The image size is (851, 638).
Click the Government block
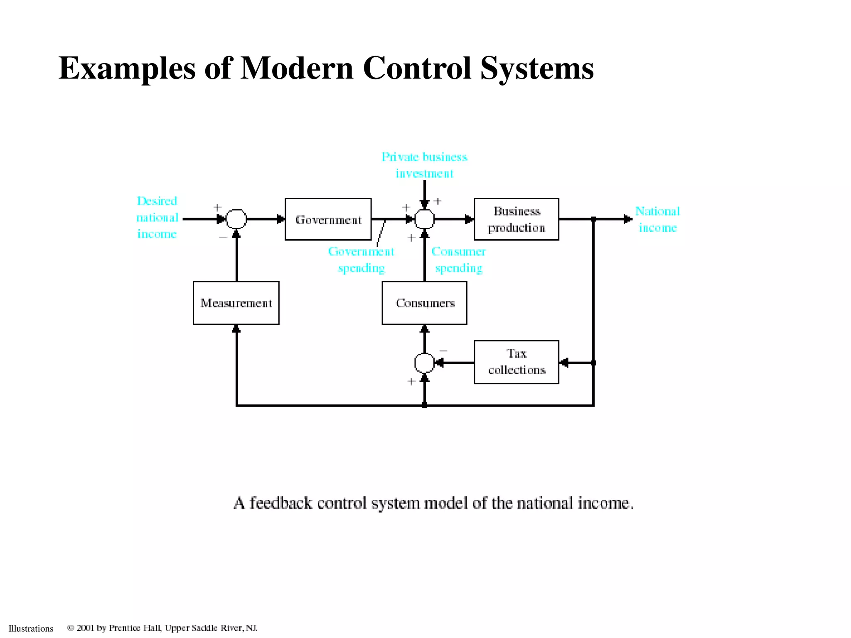[328, 219]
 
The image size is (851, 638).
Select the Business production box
[516, 219]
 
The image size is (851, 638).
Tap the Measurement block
[236, 303]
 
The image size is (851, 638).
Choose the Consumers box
[424, 303]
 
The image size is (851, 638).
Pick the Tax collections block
[516, 362]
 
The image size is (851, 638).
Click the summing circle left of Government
[236, 219]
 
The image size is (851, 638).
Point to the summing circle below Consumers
[424, 363]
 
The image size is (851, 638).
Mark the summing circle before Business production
[424, 219]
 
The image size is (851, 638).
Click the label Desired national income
[157, 218]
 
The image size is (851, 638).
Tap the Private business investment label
[424, 165]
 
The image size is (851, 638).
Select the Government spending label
[361, 260]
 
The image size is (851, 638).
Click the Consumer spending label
[458, 260]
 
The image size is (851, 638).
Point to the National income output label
[657, 219]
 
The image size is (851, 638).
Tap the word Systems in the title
[537, 68]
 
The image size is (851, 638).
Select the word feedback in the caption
[280, 503]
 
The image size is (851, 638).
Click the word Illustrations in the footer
[31, 628]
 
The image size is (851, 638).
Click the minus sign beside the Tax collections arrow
[443, 351]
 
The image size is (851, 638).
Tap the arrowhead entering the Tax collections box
[564, 363]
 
